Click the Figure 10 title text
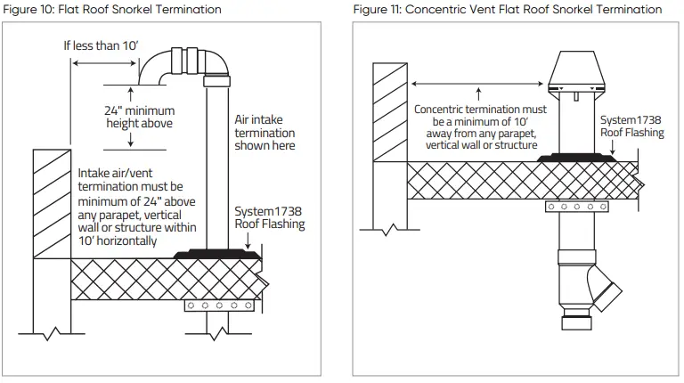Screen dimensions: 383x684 click(x=111, y=9)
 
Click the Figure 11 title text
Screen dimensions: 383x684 click(x=508, y=9)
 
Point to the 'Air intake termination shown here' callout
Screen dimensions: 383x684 click(x=265, y=132)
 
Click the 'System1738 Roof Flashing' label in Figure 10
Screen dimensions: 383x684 click(x=269, y=218)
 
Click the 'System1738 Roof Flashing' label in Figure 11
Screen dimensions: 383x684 click(x=631, y=126)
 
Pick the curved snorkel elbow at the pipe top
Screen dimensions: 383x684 click(x=183, y=67)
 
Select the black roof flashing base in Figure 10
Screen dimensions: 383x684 click(x=218, y=255)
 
